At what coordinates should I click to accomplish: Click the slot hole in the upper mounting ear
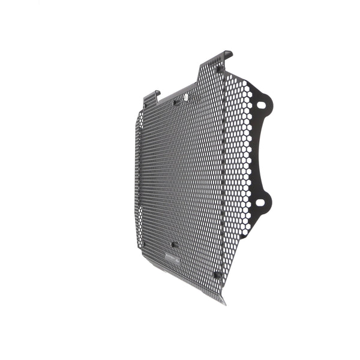(x=261, y=105)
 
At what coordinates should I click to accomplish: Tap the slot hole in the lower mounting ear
(x=260, y=202)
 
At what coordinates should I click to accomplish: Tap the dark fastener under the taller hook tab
(x=219, y=69)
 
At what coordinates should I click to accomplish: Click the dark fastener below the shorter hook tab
(x=144, y=107)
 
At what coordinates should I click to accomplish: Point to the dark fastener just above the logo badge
(x=174, y=245)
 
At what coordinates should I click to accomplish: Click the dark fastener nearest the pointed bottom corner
(x=217, y=274)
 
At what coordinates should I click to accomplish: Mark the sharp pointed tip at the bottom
(x=224, y=303)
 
